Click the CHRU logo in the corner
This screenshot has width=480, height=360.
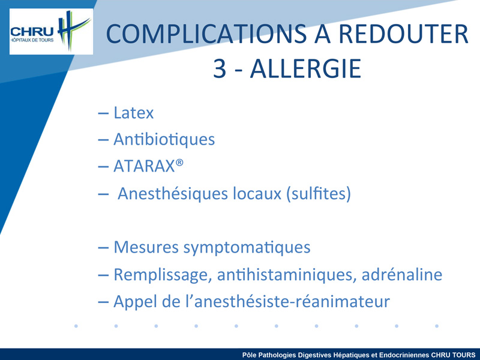(x=51, y=31)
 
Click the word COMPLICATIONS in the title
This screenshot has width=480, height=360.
(x=206, y=34)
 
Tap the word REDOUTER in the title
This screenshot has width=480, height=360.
(x=403, y=34)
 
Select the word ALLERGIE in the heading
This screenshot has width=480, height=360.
(x=305, y=68)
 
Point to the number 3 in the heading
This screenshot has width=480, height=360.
(x=220, y=69)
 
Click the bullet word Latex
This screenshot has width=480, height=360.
(x=133, y=113)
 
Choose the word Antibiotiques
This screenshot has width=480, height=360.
(x=164, y=139)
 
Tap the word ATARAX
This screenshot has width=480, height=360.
(x=144, y=166)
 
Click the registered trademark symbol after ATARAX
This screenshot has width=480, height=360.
(x=179, y=162)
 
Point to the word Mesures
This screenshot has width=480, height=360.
(x=146, y=247)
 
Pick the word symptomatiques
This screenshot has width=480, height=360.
(x=247, y=248)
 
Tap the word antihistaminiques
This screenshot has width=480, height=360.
(x=287, y=275)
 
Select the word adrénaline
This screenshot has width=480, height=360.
(x=402, y=274)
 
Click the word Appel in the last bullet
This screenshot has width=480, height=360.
(x=136, y=302)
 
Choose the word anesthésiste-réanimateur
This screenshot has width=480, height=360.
(x=292, y=301)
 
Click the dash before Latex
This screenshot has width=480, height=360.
(x=103, y=113)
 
